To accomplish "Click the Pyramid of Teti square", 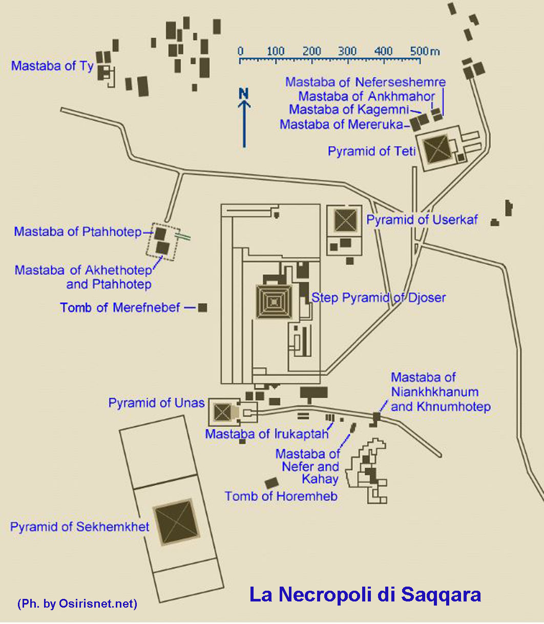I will click(x=437, y=149).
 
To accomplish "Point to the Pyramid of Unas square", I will click(x=223, y=411).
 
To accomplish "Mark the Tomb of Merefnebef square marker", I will click(x=203, y=308).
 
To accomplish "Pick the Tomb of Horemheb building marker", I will click(x=271, y=483).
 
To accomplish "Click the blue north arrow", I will click(x=245, y=123).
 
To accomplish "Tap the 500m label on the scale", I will click(x=425, y=51).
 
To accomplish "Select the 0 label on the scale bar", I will click(x=240, y=51).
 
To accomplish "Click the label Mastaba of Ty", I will click(x=52, y=66).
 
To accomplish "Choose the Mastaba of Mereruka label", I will click(x=342, y=124).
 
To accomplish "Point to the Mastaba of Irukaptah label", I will click(x=266, y=434).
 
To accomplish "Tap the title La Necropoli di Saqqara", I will click(x=365, y=595).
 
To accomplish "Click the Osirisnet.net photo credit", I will click(x=77, y=604).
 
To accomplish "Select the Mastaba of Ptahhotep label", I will click(x=78, y=232).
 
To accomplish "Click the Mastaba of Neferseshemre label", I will click(x=365, y=82).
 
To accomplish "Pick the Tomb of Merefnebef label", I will click(x=120, y=308).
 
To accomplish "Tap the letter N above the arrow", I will click(x=244, y=93).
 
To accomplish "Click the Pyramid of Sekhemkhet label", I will click(x=80, y=527).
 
